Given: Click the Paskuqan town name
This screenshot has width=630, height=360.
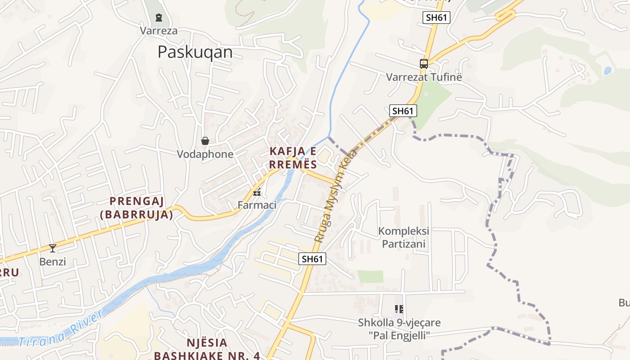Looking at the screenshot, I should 195,52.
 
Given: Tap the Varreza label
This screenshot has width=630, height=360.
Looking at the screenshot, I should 158,31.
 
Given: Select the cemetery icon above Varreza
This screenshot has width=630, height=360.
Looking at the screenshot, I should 158,18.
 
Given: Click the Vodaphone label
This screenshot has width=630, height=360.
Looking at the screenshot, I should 205,154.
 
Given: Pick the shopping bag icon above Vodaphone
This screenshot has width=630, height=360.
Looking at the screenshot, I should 205,141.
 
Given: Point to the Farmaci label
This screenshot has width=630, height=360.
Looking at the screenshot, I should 257,205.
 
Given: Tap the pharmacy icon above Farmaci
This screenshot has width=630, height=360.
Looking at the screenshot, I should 257,193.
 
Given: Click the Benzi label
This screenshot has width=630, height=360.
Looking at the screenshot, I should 53,261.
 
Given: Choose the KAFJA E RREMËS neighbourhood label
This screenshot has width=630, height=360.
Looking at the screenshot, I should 293,157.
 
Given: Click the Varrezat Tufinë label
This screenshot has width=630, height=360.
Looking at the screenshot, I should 424,77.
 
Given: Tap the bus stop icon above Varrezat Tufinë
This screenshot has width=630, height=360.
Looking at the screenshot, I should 424,64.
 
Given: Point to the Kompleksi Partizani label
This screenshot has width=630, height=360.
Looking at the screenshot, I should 404,238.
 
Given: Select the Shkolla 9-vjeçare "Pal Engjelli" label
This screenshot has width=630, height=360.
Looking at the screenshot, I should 399,329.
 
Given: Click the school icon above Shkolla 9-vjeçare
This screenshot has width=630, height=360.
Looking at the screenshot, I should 399,309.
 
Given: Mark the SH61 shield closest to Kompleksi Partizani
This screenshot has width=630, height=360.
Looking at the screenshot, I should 312,259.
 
